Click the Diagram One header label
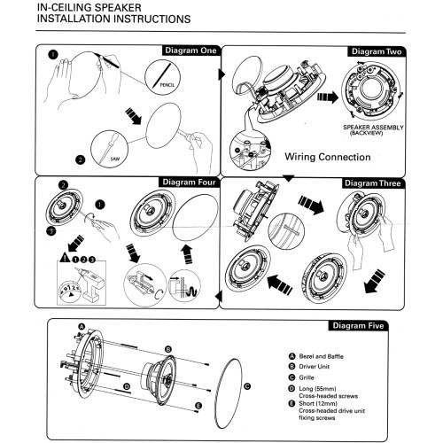point(190,51)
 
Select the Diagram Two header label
point(377,51)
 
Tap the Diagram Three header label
point(373,183)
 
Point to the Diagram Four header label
point(189,183)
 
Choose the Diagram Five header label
point(358,326)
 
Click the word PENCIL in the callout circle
point(167,85)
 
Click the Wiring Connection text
point(328,157)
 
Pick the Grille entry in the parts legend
point(307,377)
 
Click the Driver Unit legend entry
point(314,367)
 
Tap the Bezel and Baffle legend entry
point(321,356)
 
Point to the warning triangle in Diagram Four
point(65,258)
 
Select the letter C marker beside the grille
point(247,386)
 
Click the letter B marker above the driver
point(168,350)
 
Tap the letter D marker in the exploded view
point(127,387)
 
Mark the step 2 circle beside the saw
point(81,159)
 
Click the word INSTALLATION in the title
point(74,19)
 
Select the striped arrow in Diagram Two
point(327,97)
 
